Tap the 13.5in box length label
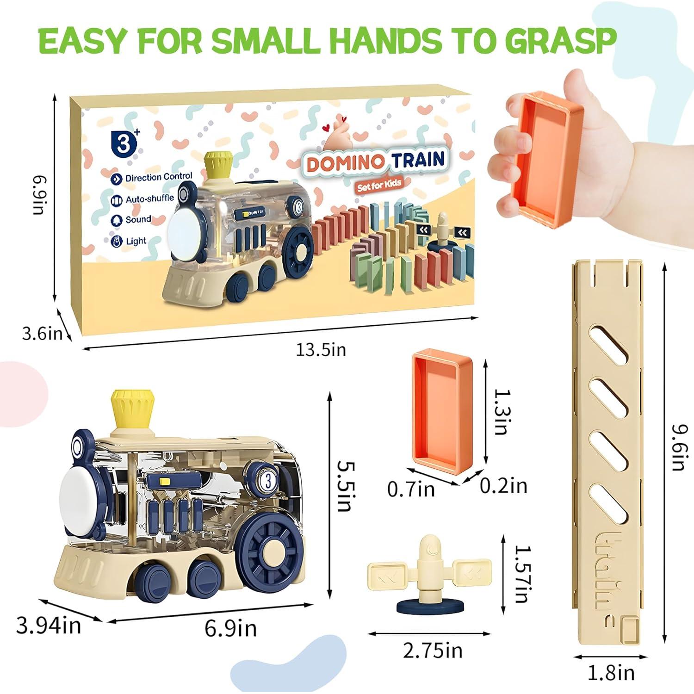(321, 349)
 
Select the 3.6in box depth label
(42, 333)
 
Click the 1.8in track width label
(611, 673)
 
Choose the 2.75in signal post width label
(433, 651)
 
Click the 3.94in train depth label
(49, 626)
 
